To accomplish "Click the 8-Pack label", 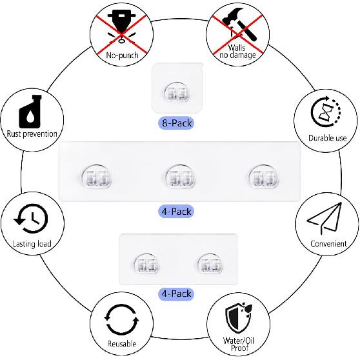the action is [176, 123].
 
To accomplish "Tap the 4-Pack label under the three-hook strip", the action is [176, 211].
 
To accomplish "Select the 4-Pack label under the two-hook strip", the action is [176, 294].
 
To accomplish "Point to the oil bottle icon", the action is [30, 112].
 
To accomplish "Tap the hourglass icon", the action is [326, 112].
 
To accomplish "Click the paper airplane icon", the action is [324, 218].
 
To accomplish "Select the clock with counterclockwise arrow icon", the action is [31, 218].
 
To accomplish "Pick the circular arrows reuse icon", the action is [121, 319].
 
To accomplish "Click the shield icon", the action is [238, 318].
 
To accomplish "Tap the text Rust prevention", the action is [32, 134].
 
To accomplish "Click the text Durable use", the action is [327, 138].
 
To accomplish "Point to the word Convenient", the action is [328, 244].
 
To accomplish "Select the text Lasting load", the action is [32, 244].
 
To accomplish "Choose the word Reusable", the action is [122, 344].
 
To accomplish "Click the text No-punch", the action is [122, 55].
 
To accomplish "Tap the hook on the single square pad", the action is [177, 92].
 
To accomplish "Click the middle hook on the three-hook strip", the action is [180, 175].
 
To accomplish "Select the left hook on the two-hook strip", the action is [146, 263].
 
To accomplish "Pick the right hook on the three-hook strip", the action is [264, 175].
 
